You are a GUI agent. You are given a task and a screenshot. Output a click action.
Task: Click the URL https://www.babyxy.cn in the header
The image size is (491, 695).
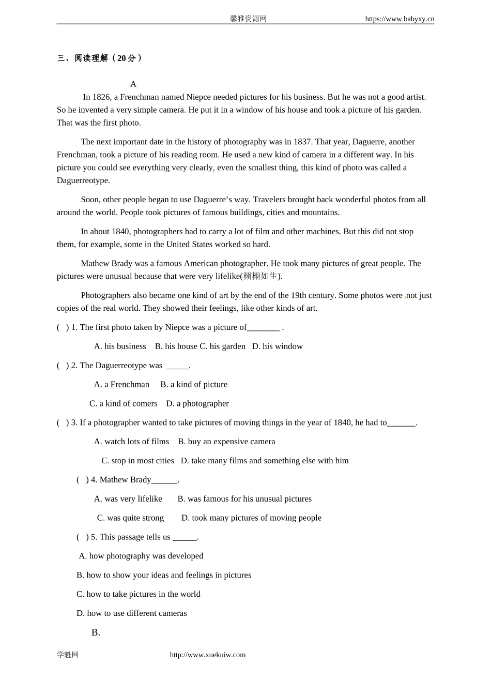pyautogui.click(x=399, y=19)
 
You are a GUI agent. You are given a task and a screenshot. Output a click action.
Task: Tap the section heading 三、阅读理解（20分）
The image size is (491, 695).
pyautogui.click(x=100, y=58)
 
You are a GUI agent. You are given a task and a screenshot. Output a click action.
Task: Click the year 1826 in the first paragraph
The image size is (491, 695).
pyautogui.click(x=101, y=97)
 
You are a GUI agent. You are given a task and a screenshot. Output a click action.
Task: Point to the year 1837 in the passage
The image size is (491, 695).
pyautogui.click(x=302, y=142)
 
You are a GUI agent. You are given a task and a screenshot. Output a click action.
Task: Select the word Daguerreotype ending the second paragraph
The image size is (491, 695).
pyautogui.click(x=83, y=180)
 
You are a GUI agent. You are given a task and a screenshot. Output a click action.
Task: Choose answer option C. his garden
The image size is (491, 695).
pyautogui.click(x=222, y=346)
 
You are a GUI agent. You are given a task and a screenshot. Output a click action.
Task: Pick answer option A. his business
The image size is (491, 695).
pyautogui.click(x=120, y=346)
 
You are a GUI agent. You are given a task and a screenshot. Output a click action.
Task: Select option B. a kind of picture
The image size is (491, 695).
pyautogui.click(x=194, y=385)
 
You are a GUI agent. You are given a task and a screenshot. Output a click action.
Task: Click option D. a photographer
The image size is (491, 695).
pyautogui.click(x=197, y=404)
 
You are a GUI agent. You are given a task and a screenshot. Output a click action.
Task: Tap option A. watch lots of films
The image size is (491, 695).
pyautogui.click(x=131, y=442)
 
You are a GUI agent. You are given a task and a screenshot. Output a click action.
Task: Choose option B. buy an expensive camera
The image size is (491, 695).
pyautogui.click(x=226, y=442)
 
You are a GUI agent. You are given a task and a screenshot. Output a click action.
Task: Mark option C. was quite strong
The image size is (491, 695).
pyautogui.click(x=130, y=518)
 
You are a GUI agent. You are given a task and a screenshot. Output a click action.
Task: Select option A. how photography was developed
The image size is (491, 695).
pyautogui.click(x=141, y=556)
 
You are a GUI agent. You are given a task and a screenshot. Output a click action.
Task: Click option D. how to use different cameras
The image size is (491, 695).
pyautogui.click(x=132, y=613)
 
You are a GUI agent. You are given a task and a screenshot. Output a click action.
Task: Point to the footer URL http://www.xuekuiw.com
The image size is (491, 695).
pyautogui.click(x=208, y=655)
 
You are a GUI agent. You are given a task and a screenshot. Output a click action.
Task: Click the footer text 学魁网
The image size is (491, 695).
pyautogui.click(x=68, y=655)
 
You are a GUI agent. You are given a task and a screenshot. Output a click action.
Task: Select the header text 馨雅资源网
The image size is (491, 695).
pyautogui.click(x=248, y=19)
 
